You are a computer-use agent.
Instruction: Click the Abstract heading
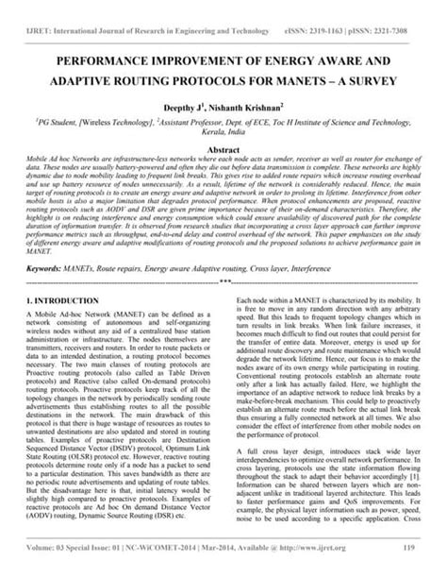(223, 150)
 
